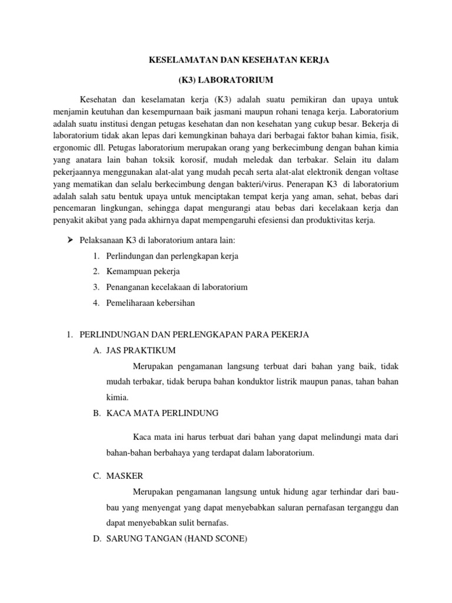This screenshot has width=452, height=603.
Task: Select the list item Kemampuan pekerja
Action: (144, 271)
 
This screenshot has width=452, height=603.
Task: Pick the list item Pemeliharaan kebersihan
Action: (150, 303)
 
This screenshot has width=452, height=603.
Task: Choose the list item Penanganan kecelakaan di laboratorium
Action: (177, 287)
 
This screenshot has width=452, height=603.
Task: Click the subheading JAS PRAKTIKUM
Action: (141, 350)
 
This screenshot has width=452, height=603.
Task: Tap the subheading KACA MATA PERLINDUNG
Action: (162, 413)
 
